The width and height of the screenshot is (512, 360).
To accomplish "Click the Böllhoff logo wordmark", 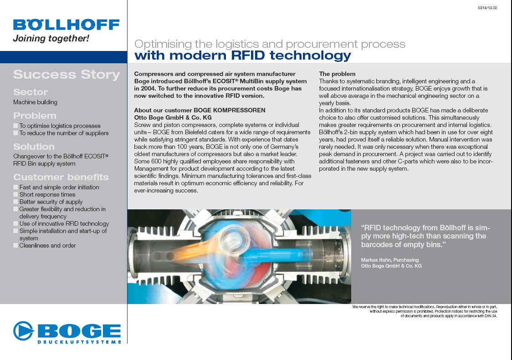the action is (67, 25).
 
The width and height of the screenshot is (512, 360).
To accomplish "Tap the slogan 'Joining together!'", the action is (51, 39).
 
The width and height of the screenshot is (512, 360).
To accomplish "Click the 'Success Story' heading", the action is (67, 75).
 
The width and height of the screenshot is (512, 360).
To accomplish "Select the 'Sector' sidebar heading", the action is (31, 92).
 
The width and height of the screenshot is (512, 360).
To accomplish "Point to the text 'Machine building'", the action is (35, 102).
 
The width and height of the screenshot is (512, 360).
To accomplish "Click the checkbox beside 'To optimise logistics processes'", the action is (15, 126).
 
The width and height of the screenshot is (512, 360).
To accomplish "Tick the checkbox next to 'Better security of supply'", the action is (15, 202).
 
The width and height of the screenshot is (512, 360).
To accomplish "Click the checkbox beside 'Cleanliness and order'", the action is (15, 245).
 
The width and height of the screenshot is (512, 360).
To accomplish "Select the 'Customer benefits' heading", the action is (61, 177).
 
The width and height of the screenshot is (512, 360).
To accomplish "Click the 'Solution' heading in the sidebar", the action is (34, 147).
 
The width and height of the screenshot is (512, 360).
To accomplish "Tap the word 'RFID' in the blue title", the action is (247, 55).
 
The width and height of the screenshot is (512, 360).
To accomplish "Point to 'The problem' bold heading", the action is (337, 74).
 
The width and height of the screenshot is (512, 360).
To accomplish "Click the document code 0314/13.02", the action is (487, 8).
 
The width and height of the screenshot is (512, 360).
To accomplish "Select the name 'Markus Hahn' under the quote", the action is (375, 260).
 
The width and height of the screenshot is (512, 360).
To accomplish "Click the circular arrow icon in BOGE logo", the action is (24, 330).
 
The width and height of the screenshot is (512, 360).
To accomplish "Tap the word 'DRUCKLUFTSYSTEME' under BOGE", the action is (79, 342).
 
